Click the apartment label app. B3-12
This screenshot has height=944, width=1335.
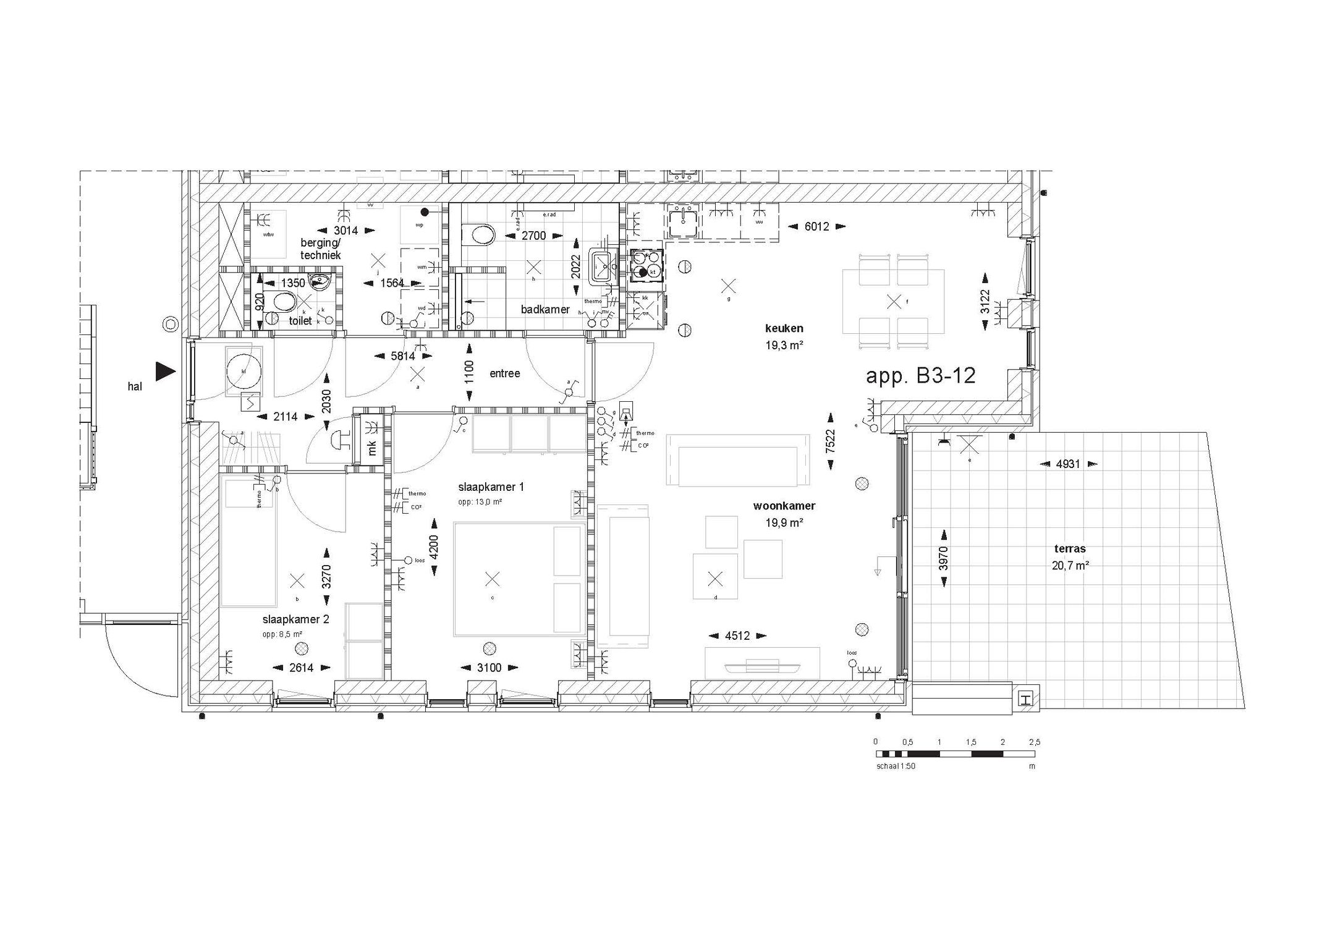pyautogui.click(x=920, y=375)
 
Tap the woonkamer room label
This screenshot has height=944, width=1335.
pyautogui.click(x=784, y=506)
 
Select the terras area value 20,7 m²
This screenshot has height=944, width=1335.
pyautogui.click(x=1070, y=565)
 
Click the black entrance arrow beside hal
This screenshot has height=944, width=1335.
pyautogui.click(x=165, y=371)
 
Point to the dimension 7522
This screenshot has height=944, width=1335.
pyautogui.click(x=831, y=441)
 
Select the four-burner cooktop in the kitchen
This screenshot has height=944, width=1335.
pyautogui.click(x=646, y=266)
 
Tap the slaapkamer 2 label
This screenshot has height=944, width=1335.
pyautogui.click(x=295, y=619)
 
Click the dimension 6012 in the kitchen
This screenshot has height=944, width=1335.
pyautogui.click(x=816, y=227)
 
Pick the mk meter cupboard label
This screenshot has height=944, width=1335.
pyautogui.click(x=373, y=448)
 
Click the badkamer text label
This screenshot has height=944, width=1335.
pyautogui.click(x=545, y=309)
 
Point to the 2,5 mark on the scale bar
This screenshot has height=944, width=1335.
pyautogui.click(x=1034, y=742)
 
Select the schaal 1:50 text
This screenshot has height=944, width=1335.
pyautogui.click(x=895, y=766)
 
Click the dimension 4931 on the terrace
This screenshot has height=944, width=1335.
pyautogui.click(x=1067, y=464)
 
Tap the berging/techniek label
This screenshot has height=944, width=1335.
pyautogui.click(x=320, y=249)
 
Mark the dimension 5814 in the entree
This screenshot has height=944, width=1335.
pyautogui.click(x=403, y=356)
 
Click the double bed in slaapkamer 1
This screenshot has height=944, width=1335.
pyautogui.click(x=519, y=579)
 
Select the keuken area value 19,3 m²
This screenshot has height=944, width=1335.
pyautogui.click(x=784, y=345)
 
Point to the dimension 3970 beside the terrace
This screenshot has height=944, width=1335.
pyautogui.click(x=943, y=558)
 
